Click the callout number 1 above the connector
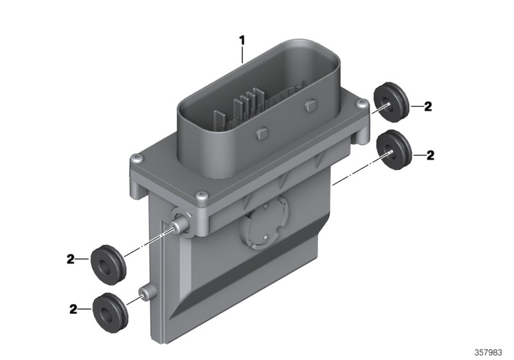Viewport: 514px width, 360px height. coord(242,40)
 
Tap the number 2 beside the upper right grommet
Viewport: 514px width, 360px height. coord(428,107)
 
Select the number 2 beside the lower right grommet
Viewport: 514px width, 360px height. coord(428,155)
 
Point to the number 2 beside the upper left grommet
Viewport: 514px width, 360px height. coord(71,260)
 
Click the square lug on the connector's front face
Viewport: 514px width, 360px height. coord(260,134)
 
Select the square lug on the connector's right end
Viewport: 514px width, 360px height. coord(312,104)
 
